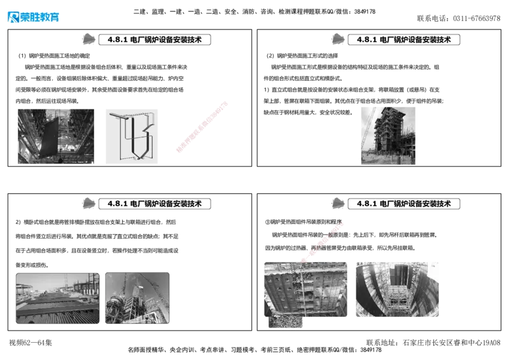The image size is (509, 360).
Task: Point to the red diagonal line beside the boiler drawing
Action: tap(201, 126)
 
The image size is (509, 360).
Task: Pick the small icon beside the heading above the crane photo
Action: tap(339, 39)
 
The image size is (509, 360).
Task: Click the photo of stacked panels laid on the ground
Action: tap(57, 298)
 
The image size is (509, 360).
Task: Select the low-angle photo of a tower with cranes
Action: tap(137, 298)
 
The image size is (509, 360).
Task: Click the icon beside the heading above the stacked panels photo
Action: tap(89, 204)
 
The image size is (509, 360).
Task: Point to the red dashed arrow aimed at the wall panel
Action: tap(323, 242)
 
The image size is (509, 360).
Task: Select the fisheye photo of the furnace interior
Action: tap(397, 289)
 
